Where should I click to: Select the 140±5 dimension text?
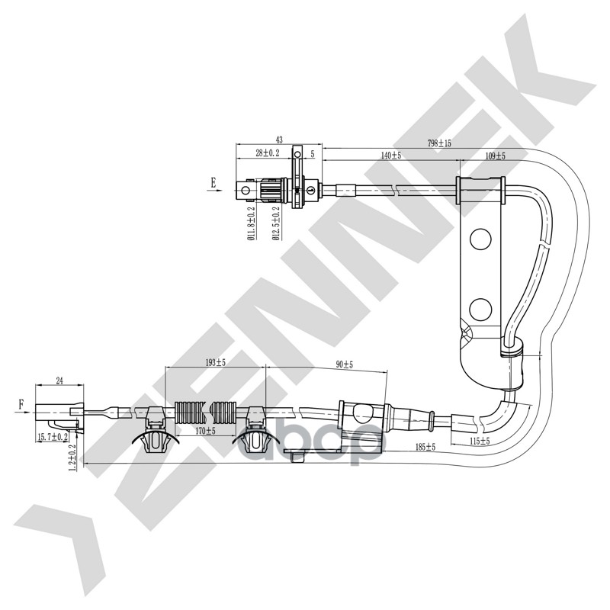[x=391, y=155]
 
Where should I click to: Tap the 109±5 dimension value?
[x=495, y=155]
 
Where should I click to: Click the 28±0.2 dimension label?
[x=268, y=153]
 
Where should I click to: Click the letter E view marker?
[x=214, y=182]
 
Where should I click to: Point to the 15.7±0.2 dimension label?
[x=53, y=437]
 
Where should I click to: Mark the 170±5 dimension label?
[x=204, y=431]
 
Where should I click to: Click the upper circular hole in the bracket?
[x=481, y=239]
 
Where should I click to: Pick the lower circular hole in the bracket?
[x=481, y=309]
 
